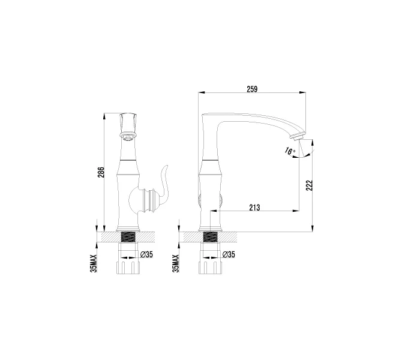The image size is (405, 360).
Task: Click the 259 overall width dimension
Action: point(252,89)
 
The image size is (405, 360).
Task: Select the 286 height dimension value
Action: point(101,173)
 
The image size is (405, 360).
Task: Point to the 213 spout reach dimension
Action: point(254,208)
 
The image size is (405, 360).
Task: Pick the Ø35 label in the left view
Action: point(146,254)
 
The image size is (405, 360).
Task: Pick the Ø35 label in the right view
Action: point(228,254)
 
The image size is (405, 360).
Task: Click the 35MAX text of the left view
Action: point(94,262)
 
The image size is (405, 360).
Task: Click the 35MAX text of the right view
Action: point(176,262)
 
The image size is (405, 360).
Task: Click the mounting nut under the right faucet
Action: point(210,265)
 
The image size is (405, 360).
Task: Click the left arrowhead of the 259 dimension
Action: point(202,92)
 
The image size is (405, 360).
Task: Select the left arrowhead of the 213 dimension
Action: point(212,211)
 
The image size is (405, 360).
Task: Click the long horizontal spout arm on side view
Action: point(252,119)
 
